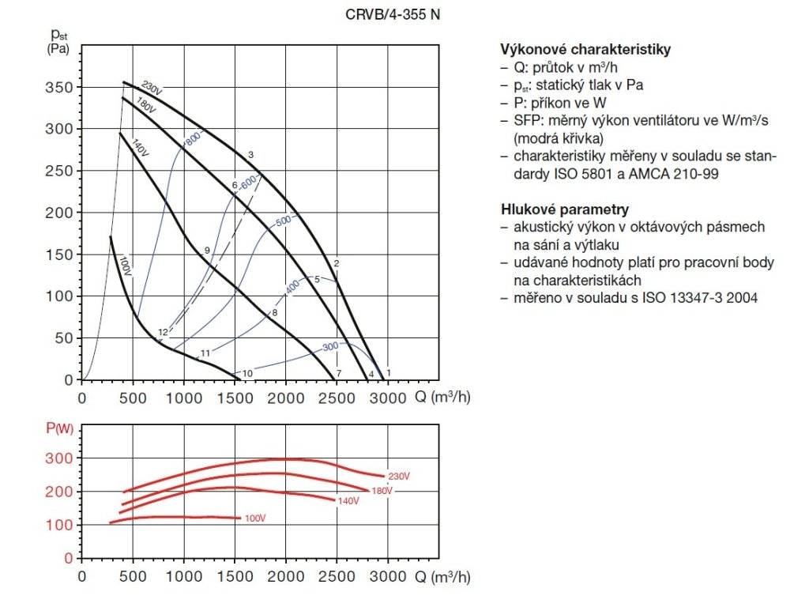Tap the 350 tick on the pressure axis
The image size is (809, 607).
(58, 87)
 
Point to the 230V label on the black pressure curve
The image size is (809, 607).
(152, 87)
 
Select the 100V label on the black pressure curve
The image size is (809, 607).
(124, 265)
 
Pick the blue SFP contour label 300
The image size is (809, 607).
(329, 346)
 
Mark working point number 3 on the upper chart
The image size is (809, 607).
(250, 154)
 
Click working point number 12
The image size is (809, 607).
(163, 332)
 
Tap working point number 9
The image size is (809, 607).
(206, 251)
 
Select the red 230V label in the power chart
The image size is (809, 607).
(399, 476)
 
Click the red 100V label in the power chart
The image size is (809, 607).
(254, 518)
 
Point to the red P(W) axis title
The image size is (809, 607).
(58, 429)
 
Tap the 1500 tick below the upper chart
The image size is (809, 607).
(235, 398)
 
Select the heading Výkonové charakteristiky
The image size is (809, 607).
(585, 49)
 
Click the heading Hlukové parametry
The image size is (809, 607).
(564, 209)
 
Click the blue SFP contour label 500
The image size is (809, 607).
(283, 221)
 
